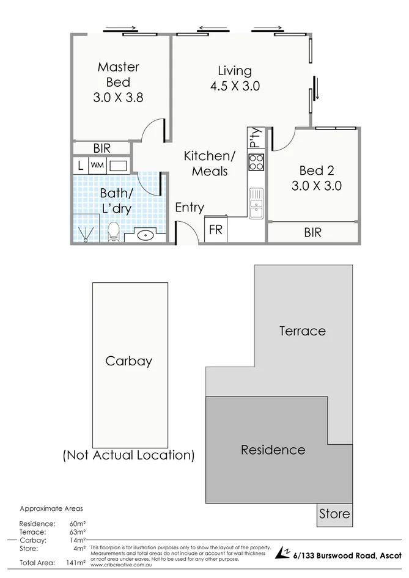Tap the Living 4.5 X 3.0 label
235,79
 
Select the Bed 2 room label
316,178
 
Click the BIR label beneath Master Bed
101,148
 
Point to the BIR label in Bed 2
312,233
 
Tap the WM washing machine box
97,165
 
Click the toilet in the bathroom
113,232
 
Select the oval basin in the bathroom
146,235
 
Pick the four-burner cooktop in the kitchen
256,162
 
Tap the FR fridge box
215,230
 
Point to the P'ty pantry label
255,138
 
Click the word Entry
190,208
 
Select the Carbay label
128,360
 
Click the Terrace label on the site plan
302,331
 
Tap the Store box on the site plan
334,514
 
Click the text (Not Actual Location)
129,455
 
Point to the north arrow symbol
282,553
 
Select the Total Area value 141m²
77,563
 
